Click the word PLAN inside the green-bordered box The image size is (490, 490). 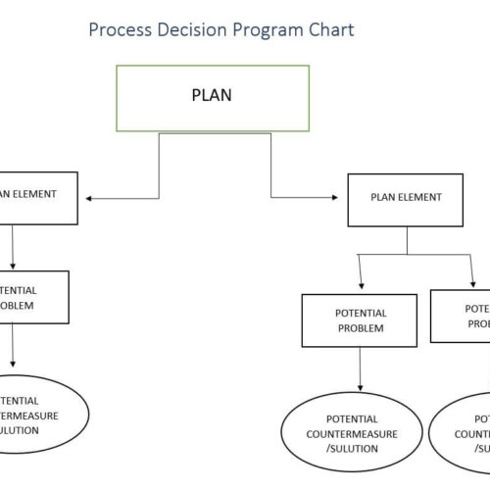coord(212,96)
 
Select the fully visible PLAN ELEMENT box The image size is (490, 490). coord(406,200)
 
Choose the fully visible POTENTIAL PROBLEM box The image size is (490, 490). coord(362,320)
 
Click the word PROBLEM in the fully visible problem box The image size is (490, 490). coord(362,328)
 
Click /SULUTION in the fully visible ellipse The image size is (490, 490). coord(352,449)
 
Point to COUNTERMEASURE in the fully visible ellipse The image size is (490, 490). coord(352,433)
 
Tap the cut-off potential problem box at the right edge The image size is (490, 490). coord(461,316)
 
